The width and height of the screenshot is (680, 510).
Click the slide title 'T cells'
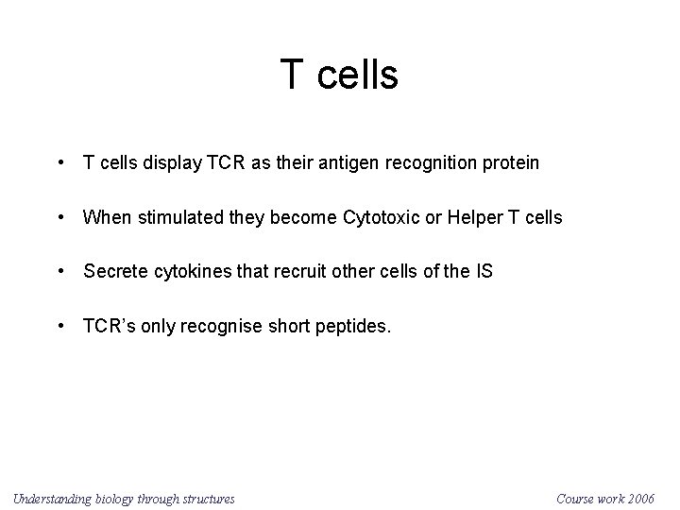point(339,75)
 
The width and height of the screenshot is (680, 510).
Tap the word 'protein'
point(509,163)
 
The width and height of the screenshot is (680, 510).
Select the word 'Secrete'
point(114,272)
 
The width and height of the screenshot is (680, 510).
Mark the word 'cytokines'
point(192,272)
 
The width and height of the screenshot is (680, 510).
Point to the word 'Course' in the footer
point(577,498)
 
